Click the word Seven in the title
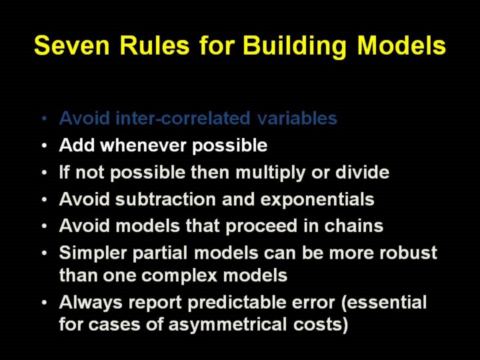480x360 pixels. tap(71, 45)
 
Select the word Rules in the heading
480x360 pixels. tap(155, 45)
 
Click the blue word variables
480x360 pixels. tap(297, 118)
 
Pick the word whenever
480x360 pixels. tap(143, 145)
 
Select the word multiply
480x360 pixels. tap(271, 173)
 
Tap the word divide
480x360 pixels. tap(363, 172)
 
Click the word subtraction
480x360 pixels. tap(165, 199)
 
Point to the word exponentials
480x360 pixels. tap(317, 200)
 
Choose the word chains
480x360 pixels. tap(353, 225)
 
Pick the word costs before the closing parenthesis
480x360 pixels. tap(317, 325)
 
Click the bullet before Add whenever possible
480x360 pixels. tap(45, 145)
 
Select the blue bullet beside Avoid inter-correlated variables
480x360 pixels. tap(45, 119)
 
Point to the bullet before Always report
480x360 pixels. tap(45, 303)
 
